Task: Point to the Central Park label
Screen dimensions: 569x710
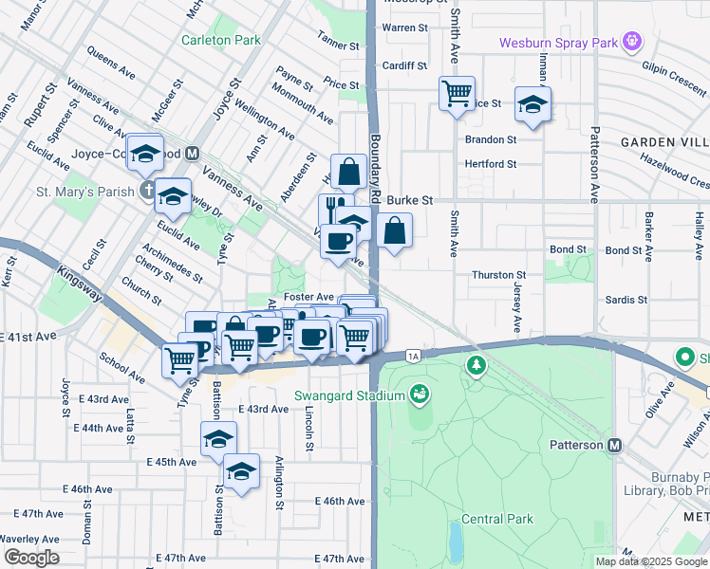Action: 497,519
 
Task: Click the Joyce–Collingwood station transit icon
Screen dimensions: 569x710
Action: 193,153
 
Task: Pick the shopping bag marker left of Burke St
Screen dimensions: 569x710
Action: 349,172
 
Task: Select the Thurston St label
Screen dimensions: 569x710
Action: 499,275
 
